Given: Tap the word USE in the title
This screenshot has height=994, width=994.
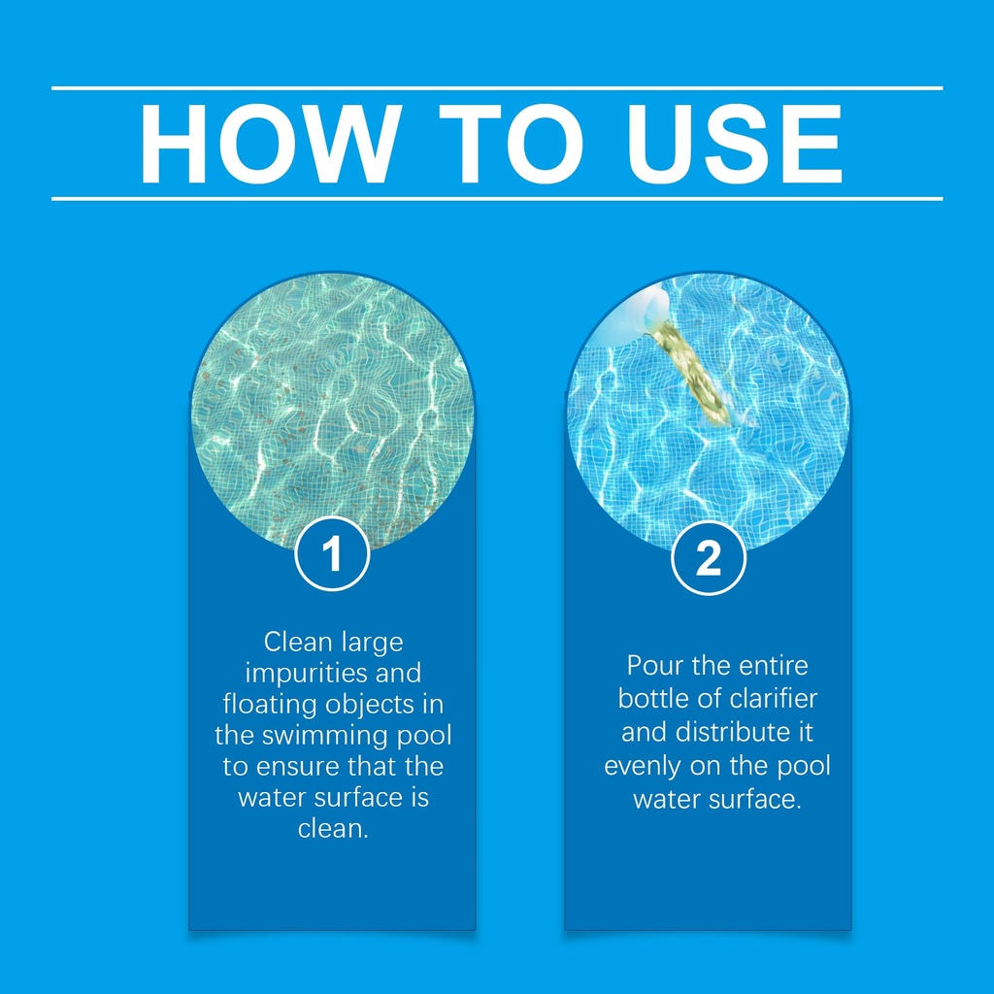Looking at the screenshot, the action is click(734, 144).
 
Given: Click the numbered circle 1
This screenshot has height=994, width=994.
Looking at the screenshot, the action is click(332, 554).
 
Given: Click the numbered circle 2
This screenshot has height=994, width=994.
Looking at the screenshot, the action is click(708, 558).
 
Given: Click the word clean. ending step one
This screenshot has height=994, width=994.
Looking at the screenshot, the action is click(334, 829).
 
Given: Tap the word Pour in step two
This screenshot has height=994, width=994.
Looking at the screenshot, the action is click(655, 666).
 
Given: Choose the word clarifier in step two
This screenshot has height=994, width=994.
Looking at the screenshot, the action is click(774, 699).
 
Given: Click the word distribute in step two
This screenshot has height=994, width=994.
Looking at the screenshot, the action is click(730, 732).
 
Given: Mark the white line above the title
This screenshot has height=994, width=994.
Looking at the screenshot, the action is click(497, 88).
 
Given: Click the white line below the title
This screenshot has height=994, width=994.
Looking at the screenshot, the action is click(497, 199).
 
